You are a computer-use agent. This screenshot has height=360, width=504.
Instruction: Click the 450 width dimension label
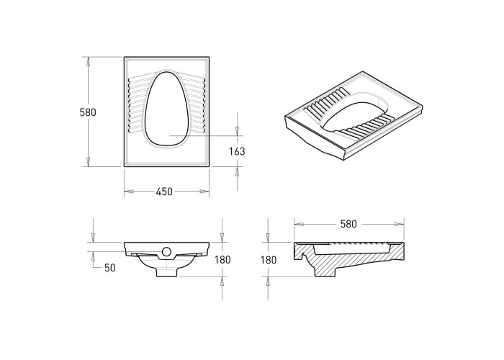164,192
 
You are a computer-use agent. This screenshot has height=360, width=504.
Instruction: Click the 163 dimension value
237,151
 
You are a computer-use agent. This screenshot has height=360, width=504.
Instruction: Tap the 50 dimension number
110,268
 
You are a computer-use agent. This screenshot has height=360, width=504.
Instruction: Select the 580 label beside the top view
88,112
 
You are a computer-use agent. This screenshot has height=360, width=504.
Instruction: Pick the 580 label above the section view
348,224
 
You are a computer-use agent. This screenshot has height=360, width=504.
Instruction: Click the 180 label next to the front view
222,259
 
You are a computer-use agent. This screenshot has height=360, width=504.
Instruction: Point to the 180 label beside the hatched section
269,260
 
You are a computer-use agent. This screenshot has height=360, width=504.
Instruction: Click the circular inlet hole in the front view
166,251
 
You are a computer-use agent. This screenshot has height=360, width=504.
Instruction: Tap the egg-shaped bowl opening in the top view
166,109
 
